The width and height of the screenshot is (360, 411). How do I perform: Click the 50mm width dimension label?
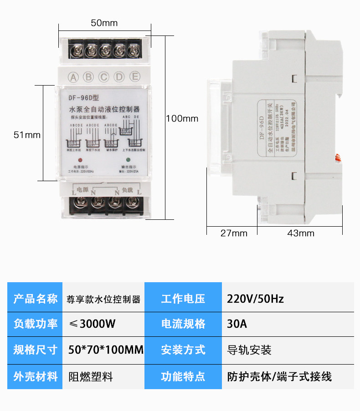point(104,23)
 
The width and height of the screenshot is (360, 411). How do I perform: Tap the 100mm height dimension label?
point(182,119)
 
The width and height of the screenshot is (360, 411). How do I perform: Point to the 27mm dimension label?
point(233,233)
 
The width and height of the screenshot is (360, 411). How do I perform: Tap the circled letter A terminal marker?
point(73,76)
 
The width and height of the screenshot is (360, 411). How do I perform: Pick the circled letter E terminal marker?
point(135,76)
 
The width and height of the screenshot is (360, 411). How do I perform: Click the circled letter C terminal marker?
point(104,76)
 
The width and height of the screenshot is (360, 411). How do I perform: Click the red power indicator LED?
point(80,160)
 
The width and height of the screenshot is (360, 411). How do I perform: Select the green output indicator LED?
point(128,160)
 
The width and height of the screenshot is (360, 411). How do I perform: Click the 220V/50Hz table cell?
point(255,299)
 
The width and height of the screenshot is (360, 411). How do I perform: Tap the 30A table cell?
point(237,325)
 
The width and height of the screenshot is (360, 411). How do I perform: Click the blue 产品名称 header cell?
point(35,299)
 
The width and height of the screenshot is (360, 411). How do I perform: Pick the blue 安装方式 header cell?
point(183,350)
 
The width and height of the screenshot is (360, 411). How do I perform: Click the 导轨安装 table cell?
point(249,350)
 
